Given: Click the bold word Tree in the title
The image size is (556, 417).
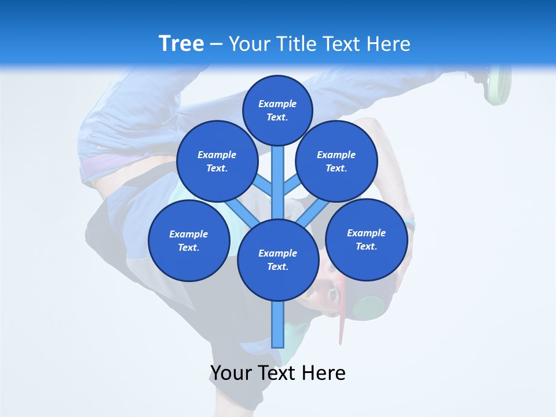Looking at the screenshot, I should [x=181, y=43].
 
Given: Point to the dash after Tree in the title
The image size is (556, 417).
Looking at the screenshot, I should [x=216, y=45].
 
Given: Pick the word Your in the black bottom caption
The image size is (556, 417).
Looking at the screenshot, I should [x=232, y=373].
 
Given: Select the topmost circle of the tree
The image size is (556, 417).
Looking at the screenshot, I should [x=277, y=109].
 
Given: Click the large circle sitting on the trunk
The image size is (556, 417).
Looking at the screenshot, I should [x=278, y=259].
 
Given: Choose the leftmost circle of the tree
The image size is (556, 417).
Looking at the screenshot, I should [x=189, y=240].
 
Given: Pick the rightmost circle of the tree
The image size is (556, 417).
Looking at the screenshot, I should [x=367, y=239].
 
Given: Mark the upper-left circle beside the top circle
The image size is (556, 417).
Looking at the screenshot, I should [x=217, y=161].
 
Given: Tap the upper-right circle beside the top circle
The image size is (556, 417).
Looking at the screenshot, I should [x=336, y=161].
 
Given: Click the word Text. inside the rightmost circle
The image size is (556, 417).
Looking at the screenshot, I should [x=366, y=246].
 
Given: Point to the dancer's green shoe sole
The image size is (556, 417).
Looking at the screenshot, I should [x=499, y=84].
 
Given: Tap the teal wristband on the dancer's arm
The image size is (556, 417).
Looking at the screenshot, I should [x=410, y=222].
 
